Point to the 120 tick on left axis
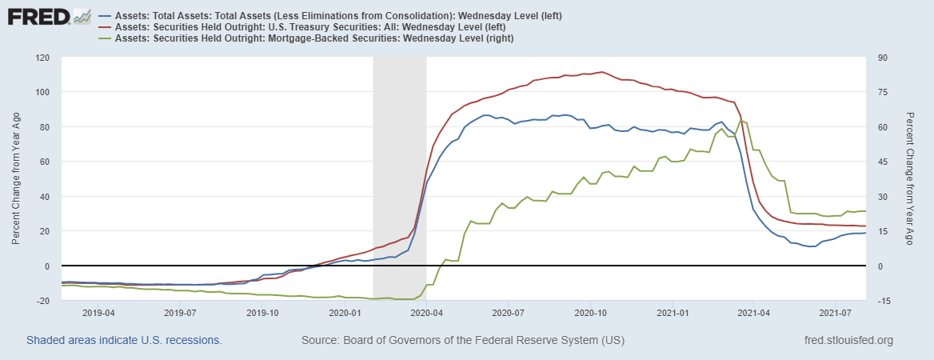[x=42, y=58]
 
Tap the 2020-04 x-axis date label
[x=426, y=312]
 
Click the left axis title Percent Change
[x=16, y=178]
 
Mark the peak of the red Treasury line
[x=602, y=72]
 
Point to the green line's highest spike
[x=742, y=120]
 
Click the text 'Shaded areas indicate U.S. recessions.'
[x=124, y=341]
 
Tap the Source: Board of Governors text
[x=462, y=341]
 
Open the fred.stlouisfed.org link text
[x=848, y=341]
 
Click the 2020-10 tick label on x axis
[x=591, y=312]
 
